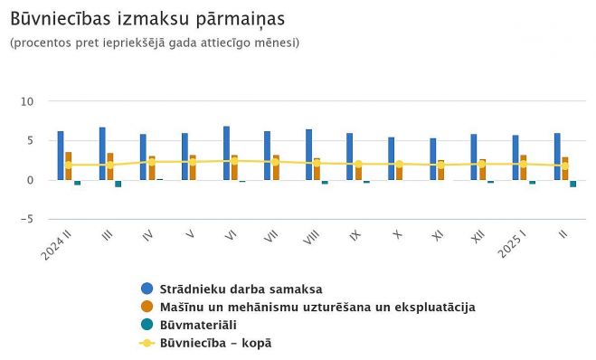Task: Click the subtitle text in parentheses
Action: pos(155,43)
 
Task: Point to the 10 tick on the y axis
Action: pos(27,101)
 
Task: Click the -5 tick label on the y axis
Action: pos(27,219)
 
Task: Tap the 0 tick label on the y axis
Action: pos(30,180)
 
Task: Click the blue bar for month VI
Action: pos(226,154)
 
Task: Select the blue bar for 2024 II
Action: pos(61,156)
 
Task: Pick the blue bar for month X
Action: pos(391,158)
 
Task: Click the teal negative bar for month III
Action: pos(118,184)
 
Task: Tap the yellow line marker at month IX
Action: pos(358,164)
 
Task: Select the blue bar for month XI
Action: pos(432,159)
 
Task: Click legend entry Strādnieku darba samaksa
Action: pos(241,289)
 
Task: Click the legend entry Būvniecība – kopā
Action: pos(215,343)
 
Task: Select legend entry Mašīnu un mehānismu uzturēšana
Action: pos(317,307)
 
